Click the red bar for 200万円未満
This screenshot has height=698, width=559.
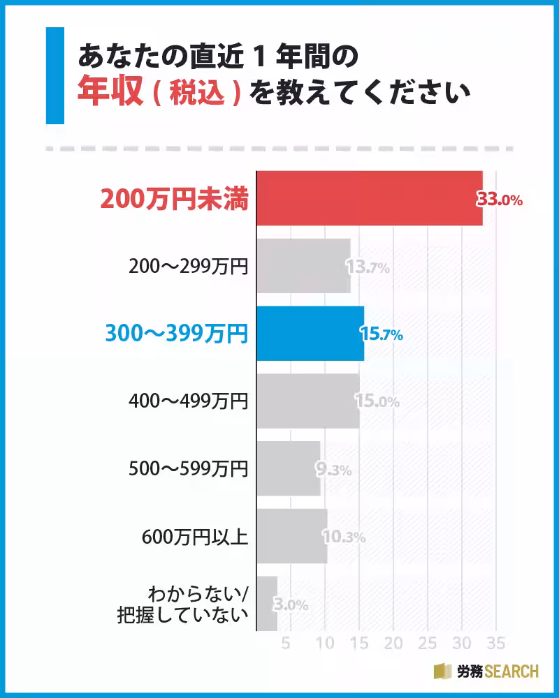[x=369, y=198]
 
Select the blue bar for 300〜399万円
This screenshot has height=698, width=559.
[x=310, y=334]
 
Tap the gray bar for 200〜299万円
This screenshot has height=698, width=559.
[x=303, y=266]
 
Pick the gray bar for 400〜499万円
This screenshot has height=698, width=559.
[x=307, y=401]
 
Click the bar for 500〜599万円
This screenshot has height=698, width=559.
[x=288, y=468]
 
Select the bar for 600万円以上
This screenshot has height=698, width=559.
[x=291, y=536]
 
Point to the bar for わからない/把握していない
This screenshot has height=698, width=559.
[x=267, y=604]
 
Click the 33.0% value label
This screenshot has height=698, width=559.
[x=500, y=200]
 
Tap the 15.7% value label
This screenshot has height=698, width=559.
[x=382, y=334]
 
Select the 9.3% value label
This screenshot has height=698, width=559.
[x=333, y=470]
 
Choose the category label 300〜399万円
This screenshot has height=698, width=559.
[x=176, y=334]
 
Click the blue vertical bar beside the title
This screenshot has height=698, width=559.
[x=55, y=75]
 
